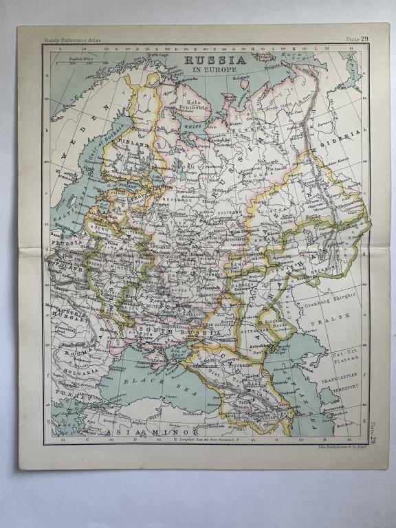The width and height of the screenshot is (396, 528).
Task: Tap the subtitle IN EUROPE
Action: [209, 70]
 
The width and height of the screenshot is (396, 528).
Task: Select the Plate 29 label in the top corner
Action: [357, 39]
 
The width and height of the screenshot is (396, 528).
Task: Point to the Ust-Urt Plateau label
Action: [344, 358]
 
